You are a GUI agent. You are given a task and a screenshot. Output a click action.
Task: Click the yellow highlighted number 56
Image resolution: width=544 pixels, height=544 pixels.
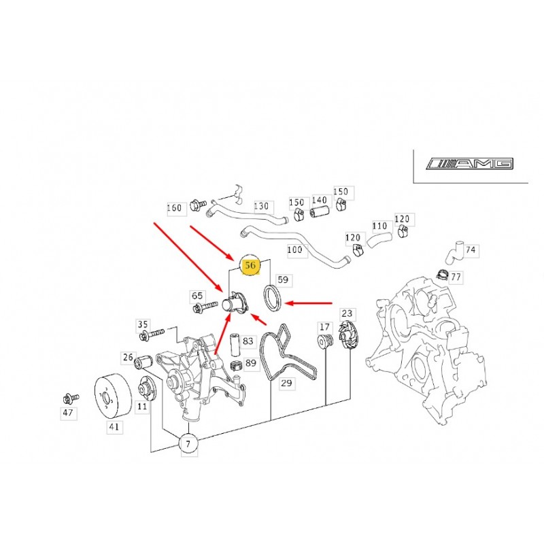pyautogui.click(x=250, y=265)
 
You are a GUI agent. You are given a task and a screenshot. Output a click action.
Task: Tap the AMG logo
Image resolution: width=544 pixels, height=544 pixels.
pyautogui.click(x=470, y=164)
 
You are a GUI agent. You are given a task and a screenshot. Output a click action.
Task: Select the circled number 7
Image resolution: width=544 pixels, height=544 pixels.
pyautogui.click(x=188, y=444)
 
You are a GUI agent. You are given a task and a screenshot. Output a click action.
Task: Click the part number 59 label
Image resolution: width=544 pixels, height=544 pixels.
pyautogui.click(x=283, y=280)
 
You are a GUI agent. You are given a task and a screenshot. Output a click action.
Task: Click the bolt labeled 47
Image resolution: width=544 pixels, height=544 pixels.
pyautogui.click(x=71, y=398)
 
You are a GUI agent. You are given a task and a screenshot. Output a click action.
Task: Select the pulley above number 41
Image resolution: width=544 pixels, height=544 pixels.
pyautogui.click(x=114, y=396)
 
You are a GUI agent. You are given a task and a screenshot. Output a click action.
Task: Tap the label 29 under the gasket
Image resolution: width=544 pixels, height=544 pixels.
pyautogui.click(x=286, y=383)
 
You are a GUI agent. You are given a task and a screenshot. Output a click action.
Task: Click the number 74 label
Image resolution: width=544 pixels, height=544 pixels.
pyautogui.click(x=471, y=250)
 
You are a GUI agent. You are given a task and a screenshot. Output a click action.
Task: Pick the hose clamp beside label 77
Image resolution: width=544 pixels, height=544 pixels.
pyautogui.click(x=443, y=274)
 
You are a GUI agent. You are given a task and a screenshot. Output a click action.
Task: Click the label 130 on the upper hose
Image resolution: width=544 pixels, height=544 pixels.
pyautogui.click(x=261, y=206)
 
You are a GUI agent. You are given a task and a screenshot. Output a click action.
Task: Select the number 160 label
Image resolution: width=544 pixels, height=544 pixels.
pyautogui.click(x=174, y=208)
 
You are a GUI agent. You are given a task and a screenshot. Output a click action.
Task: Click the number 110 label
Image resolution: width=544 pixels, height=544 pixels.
pyautogui.click(x=379, y=226)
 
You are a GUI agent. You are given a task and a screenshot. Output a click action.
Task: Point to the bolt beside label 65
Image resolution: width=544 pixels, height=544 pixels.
pyautogui.click(x=205, y=307)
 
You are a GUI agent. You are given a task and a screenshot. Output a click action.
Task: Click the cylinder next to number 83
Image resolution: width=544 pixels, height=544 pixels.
pyautogui.click(x=236, y=345)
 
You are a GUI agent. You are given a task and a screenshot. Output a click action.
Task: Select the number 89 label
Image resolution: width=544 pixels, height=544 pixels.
pyautogui.click(x=250, y=363)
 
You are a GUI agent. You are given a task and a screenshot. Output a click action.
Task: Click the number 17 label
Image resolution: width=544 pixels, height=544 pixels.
pyautogui.click(x=324, y=327)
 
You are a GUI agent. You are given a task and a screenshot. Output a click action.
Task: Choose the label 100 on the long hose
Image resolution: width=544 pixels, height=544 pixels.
pyautogui.click(x=294, y=250)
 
